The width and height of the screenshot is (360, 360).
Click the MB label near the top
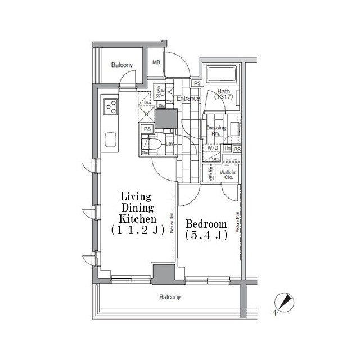pos(156,62)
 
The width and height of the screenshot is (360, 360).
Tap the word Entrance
pos(188,99)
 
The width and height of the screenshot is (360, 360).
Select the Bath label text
pos(224,92)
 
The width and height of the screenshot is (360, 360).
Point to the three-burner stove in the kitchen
pos(110,106)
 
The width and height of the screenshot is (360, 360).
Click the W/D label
pos(213,148)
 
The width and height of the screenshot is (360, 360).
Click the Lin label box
pos(227,148)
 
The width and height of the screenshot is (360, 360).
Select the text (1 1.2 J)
pos(136,229)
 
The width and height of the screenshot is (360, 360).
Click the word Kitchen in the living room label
pos(136,218)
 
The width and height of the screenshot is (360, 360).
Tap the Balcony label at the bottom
pos(169,297)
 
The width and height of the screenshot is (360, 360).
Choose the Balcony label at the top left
pos(121,65)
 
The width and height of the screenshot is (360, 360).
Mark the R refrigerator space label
pos(146,114)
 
